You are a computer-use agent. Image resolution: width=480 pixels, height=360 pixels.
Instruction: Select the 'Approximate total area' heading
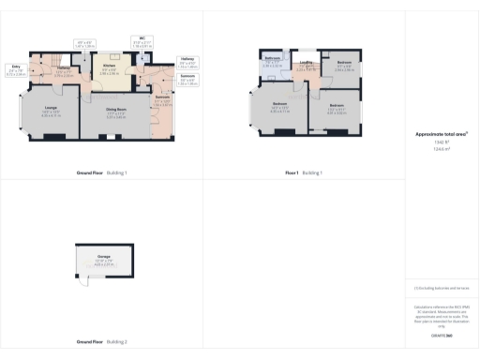click(x=442, y=135)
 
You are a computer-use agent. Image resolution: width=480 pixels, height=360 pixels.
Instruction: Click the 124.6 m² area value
click(x=442, y=148)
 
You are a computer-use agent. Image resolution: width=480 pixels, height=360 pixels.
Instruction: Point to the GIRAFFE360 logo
click(x=442, y=335)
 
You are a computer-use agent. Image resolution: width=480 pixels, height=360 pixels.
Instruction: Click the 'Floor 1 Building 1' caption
click(x=304, y=173)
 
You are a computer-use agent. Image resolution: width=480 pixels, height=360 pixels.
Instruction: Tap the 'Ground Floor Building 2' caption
click(x=102, y=342)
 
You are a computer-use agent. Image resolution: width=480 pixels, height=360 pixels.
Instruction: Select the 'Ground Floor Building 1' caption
click(x=102, y=173)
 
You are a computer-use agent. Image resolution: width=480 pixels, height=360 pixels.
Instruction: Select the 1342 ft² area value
click(x=442, y=142)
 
